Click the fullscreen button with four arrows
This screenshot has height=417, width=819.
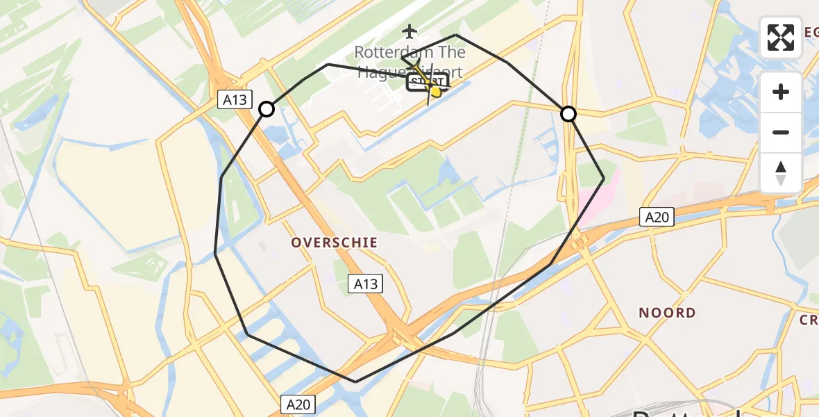781,38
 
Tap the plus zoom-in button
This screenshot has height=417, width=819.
781,92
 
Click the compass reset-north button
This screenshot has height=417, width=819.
781,173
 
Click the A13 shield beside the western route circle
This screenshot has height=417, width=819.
235,100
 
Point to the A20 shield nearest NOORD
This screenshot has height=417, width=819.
657,218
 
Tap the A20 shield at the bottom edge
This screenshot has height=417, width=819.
298,404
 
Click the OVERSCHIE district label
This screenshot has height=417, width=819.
335,243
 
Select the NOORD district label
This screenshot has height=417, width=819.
667,313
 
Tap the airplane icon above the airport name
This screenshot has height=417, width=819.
409,31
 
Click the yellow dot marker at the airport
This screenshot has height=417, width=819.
436,92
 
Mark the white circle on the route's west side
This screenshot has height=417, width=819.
267,109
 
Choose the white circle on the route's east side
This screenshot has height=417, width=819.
568,114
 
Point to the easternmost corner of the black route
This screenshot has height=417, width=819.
603,179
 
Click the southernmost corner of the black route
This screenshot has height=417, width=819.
356,382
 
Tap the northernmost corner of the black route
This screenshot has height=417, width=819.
456,35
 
